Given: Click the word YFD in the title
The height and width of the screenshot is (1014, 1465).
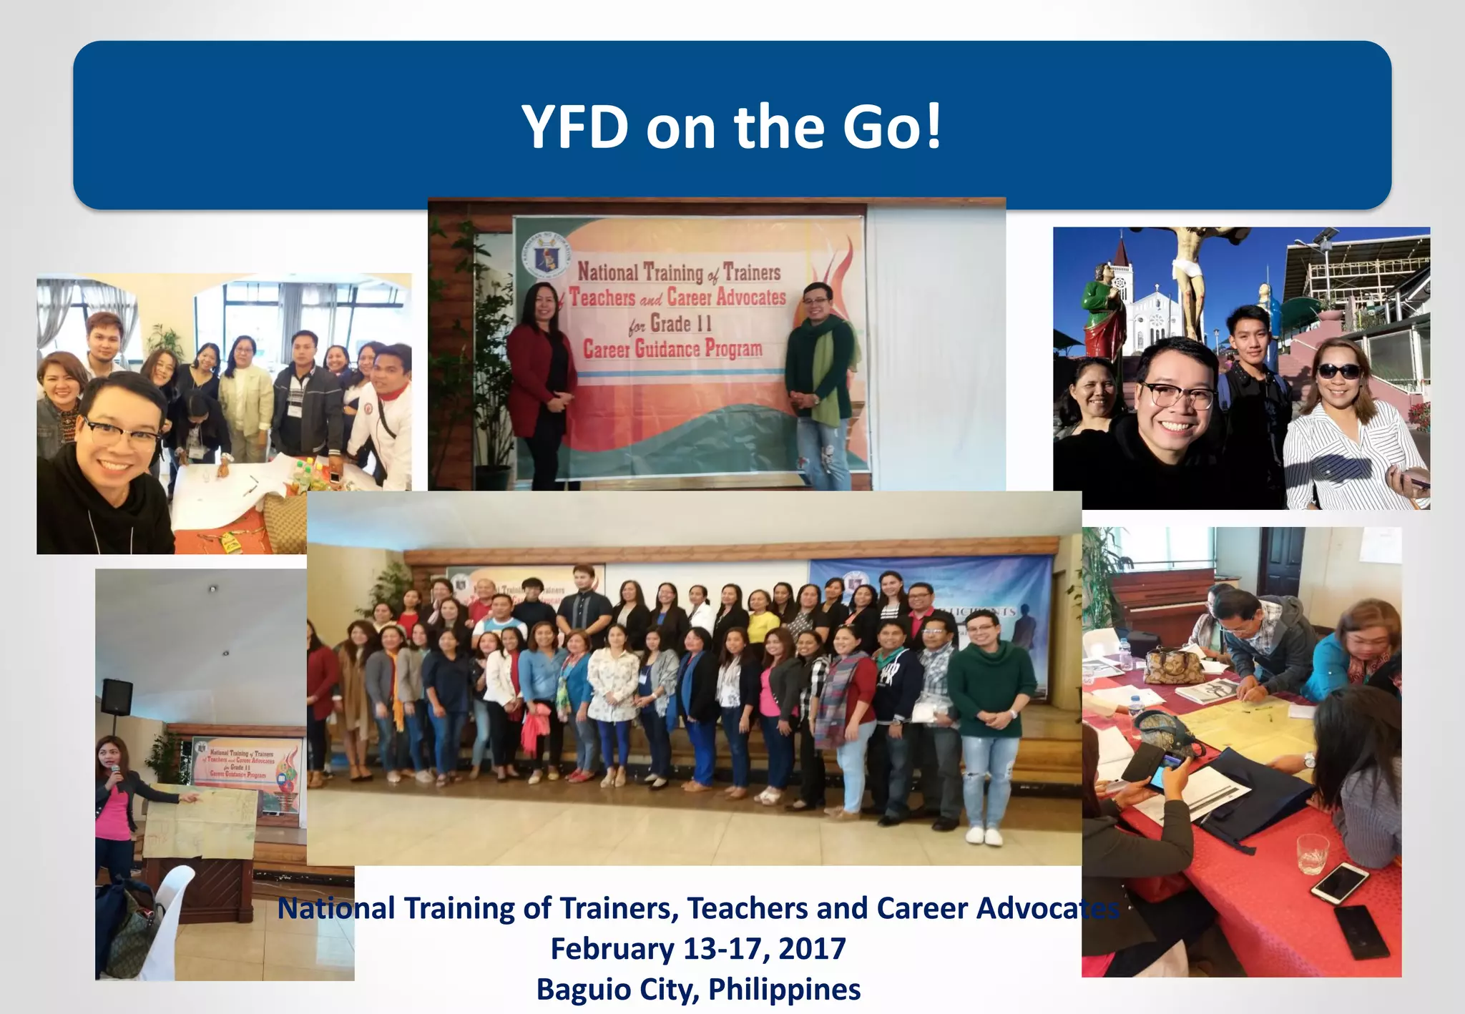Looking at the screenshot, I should click(x=574, y=127).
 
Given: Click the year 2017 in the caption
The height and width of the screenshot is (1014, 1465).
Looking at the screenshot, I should click(x=812, y=949).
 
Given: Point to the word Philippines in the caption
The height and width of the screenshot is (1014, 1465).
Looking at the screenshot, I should click(x=784, y=990).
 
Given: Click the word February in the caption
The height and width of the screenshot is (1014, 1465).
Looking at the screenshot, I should click(x=612, y=949).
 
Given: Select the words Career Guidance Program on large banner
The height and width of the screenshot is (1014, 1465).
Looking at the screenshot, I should click(x=672, y=350).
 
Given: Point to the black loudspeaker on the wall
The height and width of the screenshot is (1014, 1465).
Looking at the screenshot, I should click(x=117, y=696).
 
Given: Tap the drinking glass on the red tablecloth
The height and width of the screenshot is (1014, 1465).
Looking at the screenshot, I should click(x=1312, y=854).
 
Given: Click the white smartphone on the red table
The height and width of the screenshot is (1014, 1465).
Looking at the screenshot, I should click(x=1339, y=882).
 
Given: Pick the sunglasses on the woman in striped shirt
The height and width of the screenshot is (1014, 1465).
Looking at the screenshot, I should click(x=1338, y=371).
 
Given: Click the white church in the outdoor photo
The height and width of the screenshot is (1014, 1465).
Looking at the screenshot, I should click(x=1152, y=315).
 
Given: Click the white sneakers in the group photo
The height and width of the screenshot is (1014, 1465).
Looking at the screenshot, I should click(x=984, y=835).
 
